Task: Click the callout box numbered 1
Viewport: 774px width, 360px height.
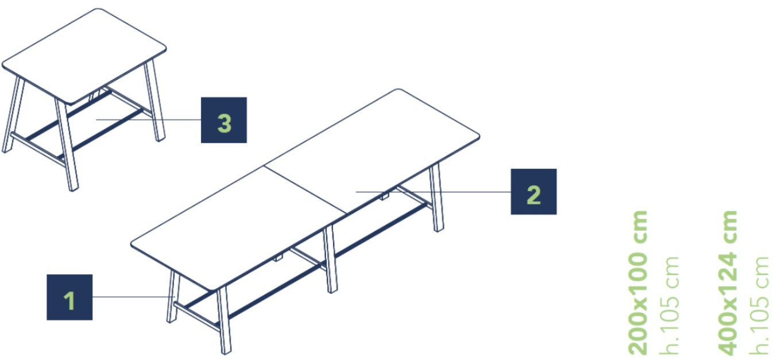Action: tap(69, 297)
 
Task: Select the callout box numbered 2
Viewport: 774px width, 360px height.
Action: tap(533, 192)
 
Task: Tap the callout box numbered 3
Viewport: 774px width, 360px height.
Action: tap(224, 120)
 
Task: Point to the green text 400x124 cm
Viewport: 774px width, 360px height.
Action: tap(727, 282)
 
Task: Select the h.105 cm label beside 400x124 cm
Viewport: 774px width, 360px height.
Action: tap(758, 305)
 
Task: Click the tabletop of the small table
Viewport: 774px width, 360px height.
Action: tap(84, 56)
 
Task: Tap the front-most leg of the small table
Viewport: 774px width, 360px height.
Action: tap(67, 145)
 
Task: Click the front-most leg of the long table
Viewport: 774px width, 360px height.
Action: tap(224, 320)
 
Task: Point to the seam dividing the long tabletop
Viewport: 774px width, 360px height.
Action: tap(305, 189)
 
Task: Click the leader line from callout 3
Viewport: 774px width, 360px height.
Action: tap(149, 120)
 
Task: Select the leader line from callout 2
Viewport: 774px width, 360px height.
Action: tap(434, 192)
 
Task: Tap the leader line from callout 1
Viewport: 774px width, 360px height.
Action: tap(134, 297)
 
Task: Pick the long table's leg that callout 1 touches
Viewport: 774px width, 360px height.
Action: tap(173, 296)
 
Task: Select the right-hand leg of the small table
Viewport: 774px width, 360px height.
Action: tap(155, 101)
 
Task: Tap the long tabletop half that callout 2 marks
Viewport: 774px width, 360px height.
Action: tap(372, 152)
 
